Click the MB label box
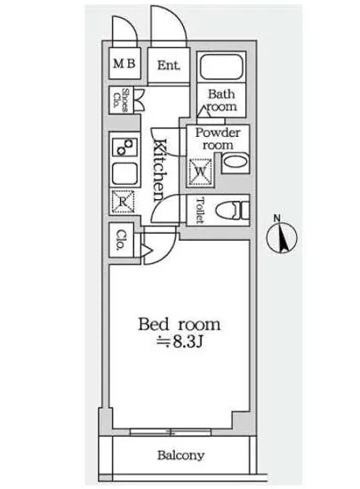(x=124, y=63)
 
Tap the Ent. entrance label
(x=169, y=66)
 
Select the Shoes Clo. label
(x=121, y=100)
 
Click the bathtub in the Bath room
(x=221, y=67)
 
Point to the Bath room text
(x=221, y=100)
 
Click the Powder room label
(x=218, y=139)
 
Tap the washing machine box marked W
(x=200, y=172)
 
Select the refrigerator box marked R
(x=124, y=202)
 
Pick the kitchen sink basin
(x=124, y=174)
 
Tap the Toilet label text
(x=199, y=210)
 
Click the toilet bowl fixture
(x=232, y=210)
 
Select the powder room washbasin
(x=236, y=163)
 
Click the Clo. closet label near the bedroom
(x=121, y=240)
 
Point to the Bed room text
(x=180, y=325)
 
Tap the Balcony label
(x=180, y=455)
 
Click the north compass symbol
(x=282, y=237)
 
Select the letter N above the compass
(x=276, y=218)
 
